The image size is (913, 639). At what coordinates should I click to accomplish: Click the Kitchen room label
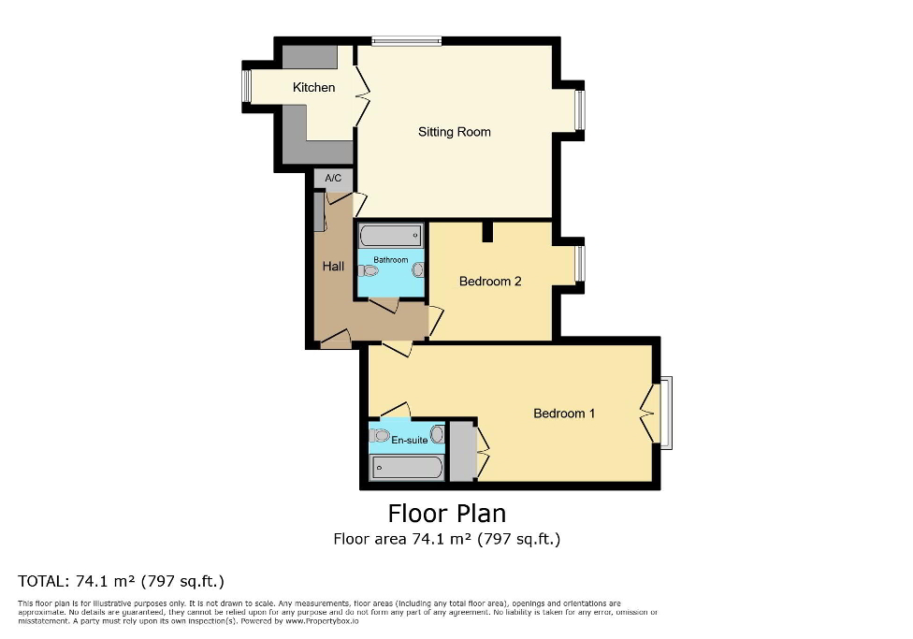(313, 88)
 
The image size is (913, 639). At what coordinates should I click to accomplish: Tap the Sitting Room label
(454, 132)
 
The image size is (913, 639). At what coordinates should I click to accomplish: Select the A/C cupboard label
(333, 179)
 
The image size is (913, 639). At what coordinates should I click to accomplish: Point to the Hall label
(333, 267)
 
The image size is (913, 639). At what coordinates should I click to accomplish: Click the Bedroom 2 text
(490, 282)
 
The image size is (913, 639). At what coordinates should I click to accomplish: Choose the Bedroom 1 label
(563, 414)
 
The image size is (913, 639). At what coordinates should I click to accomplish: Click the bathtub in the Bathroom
(390, 236)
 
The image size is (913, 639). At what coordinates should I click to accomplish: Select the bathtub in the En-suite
(407, 468)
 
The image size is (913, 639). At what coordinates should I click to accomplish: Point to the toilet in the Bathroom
(369, 271)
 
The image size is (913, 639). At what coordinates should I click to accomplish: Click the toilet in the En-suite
(379, 435)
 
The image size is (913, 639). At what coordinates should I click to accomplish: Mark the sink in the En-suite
(437, 432)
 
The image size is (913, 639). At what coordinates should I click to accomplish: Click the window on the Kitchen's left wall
(247, 88)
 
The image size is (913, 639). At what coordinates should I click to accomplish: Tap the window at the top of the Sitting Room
(405, 40)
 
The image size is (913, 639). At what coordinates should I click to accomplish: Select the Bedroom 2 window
(579, 264)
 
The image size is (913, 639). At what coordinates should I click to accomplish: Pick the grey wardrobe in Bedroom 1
(461, 452)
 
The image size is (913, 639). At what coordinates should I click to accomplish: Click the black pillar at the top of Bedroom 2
(486, 231)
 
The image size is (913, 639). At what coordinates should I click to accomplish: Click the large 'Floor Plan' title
(446, 514)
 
